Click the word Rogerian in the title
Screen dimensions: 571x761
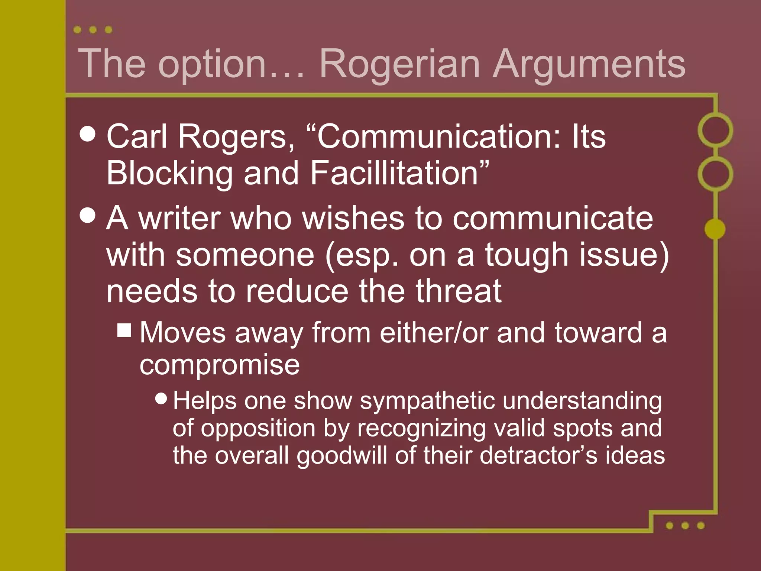click(399, 64)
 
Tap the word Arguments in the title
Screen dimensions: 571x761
click(589, 64)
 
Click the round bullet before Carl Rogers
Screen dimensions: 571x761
click(88, 134)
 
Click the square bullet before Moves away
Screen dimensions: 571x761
click(124, 330)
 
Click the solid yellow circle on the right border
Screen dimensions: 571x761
click(715, 229)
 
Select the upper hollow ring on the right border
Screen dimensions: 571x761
click(715, 130)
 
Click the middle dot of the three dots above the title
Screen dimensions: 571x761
click(93, 30)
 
